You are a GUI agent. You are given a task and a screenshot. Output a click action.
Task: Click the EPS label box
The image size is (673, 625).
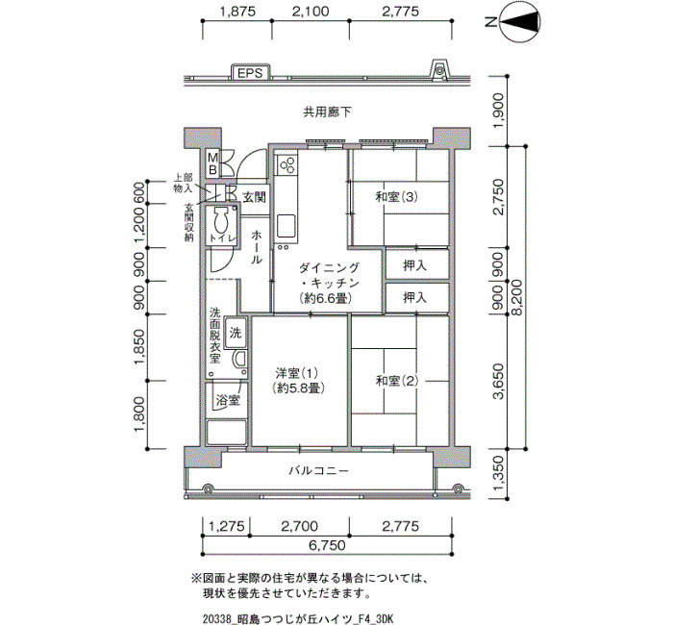click(250, 72)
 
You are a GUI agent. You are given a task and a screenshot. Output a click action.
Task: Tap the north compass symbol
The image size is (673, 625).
click(519, 21)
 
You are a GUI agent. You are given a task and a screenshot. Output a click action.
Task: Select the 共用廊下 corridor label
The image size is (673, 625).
click(327, 112)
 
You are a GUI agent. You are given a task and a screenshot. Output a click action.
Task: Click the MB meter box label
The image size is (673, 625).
click(212, 163)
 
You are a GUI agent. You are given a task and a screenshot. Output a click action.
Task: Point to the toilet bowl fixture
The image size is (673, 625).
click(221, 221)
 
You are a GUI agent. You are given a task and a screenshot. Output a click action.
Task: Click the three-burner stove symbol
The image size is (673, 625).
click(287, 165)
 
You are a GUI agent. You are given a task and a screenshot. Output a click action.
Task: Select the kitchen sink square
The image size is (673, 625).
click(286, 226)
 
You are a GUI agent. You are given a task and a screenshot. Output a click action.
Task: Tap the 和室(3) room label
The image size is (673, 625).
click(396, 197)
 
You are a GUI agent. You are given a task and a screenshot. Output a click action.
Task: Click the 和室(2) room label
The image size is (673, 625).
click(396, 381)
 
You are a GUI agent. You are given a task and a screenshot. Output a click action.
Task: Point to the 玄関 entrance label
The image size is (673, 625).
click(254, 197)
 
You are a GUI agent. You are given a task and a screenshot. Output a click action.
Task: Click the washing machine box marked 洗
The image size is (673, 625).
click(236, 333)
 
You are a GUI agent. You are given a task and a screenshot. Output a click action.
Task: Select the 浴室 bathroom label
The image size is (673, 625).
click(228, 400)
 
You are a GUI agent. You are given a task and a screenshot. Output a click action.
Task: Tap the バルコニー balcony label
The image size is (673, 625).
click(318, 471)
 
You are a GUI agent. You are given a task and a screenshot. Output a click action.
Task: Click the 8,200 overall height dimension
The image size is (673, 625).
click(517, 297)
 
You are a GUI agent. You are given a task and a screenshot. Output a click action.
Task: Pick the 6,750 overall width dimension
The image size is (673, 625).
click(327, 545)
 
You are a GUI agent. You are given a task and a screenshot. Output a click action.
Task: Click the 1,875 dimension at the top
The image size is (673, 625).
click(237, 12)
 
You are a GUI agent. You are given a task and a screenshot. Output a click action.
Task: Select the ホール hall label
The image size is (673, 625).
click(256, 247)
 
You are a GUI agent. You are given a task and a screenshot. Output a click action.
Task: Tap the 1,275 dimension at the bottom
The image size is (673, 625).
click(227, 526)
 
